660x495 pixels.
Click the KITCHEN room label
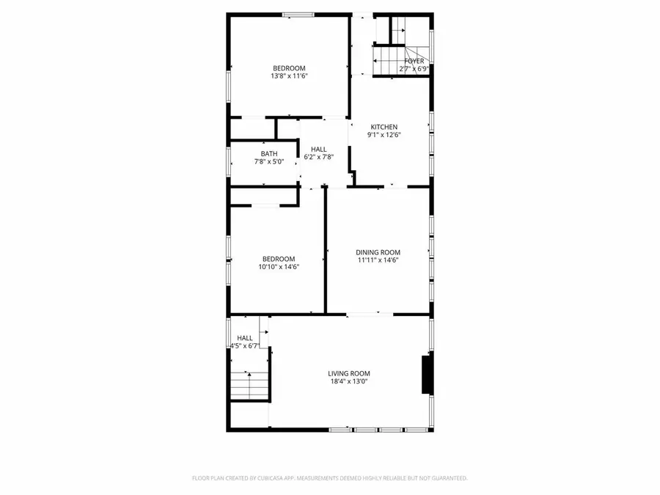[384, 127]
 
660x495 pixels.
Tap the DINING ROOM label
[378, 252]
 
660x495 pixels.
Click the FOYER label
[414, 62]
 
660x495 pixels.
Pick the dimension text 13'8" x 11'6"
[288, 76]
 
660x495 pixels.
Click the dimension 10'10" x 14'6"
[279, 267]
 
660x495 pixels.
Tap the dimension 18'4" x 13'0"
[349, 381]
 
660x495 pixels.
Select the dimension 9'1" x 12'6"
[384, 135]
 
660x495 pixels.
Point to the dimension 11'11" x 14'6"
[378, 260]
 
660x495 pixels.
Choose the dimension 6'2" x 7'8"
[319, 157]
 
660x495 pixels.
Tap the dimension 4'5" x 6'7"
[244, 345]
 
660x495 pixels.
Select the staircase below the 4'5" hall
[249, 385]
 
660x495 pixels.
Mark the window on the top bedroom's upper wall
[298, 15]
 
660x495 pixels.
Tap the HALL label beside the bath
[319, 149]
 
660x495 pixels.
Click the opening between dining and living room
[370, 315]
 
